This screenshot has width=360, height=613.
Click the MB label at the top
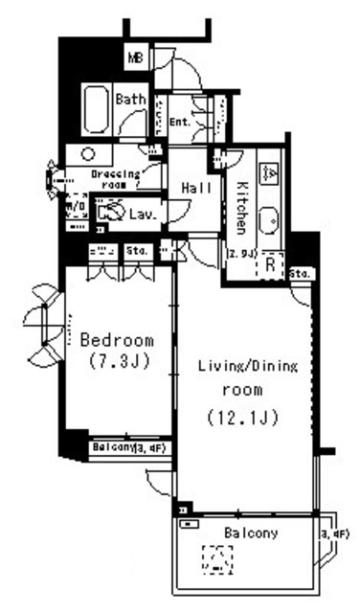[136, 57]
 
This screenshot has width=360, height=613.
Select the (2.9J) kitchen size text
[240, 254]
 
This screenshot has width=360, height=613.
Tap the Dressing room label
[115, 178]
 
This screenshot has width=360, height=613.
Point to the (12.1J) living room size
[243, 417]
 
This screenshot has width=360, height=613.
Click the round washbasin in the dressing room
[87, 153]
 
